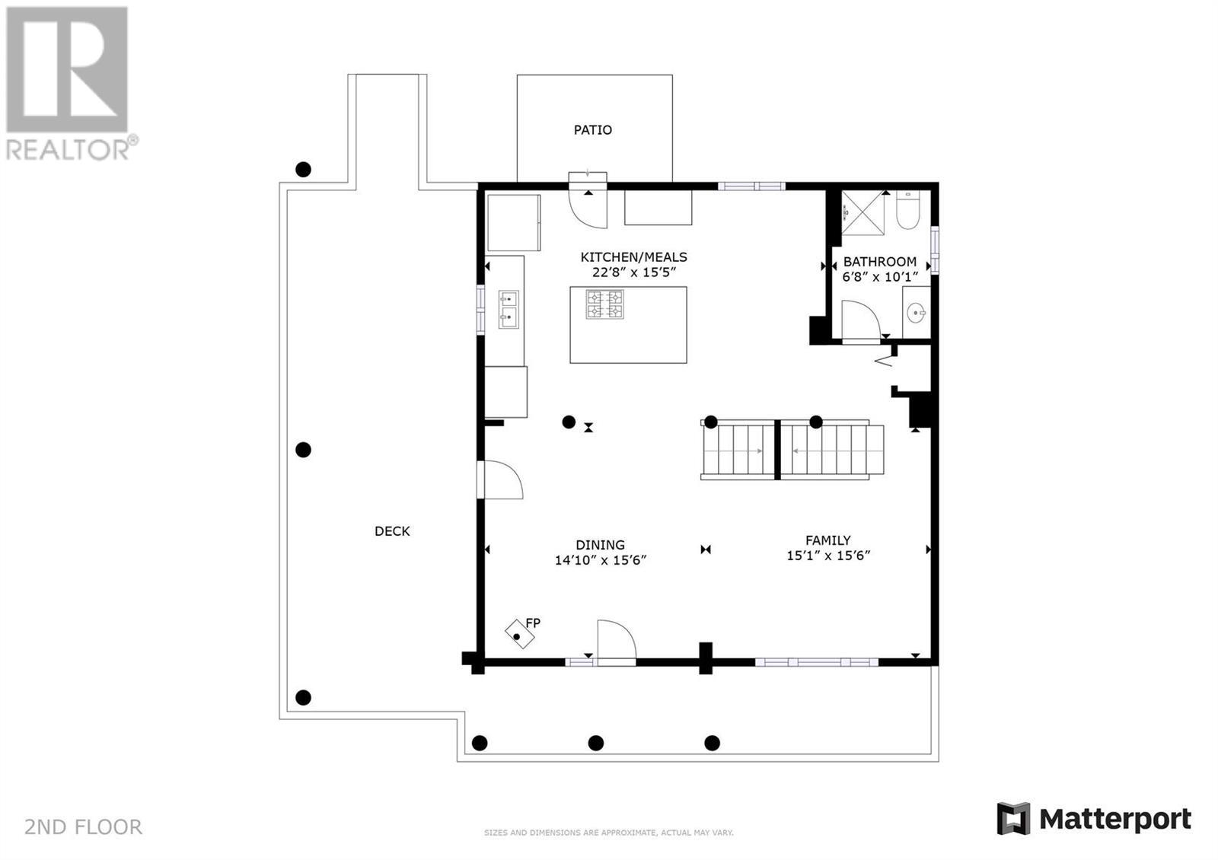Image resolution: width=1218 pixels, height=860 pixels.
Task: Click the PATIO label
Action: (593, 130)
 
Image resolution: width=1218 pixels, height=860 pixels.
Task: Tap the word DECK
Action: (392, 531)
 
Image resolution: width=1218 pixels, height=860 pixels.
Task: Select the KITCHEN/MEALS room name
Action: (633, 257)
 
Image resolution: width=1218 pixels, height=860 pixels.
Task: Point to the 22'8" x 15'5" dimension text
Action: (633, 272)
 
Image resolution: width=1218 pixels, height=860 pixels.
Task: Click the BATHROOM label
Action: (880, 262)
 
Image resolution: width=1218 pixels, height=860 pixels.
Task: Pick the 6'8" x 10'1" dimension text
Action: (880, 277)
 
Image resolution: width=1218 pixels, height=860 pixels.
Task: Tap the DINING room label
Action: (601, 545)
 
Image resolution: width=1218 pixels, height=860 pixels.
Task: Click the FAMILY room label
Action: (828, 540)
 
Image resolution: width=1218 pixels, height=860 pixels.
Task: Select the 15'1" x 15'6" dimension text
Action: (828, 556)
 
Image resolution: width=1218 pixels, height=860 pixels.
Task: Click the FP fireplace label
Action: (533, 623)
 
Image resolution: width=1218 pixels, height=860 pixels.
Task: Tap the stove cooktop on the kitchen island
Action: (604, 304)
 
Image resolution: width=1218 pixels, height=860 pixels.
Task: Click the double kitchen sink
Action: (509, 309)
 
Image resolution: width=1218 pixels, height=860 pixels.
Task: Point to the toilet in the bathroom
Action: (907, 210)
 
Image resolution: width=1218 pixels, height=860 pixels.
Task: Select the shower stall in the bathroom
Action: (863, 213)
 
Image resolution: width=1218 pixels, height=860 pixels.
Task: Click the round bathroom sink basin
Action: (917, 313)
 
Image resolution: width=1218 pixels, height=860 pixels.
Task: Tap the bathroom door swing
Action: (861, 320)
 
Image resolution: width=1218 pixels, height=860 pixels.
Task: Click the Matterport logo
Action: (1094, 819)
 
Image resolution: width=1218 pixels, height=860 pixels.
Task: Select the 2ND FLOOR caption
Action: (83, 827)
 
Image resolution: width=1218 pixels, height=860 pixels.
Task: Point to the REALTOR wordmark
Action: (69, 150)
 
